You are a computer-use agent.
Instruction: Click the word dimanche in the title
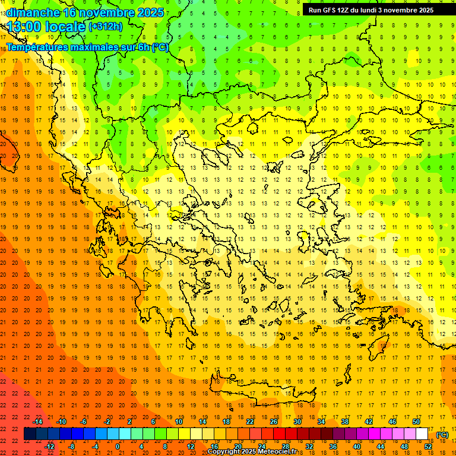click(x=33, y=12)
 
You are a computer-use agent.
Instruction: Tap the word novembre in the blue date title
click(x=111, y=12)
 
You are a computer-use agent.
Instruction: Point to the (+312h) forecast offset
click(x=106, y=26)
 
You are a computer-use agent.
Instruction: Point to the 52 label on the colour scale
click(x=428, y=446)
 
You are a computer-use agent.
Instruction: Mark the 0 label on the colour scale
click(x=118, y=446)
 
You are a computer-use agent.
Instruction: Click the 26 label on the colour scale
click(x=274, y=422)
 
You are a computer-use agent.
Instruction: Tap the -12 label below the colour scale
click(x=49, y=446)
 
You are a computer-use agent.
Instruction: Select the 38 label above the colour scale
click(x=344, y=422)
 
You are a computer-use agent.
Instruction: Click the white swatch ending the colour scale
click(x=422, y=434)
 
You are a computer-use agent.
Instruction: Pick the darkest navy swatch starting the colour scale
click(x=30, y=434)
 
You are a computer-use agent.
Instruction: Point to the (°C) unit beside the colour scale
click(x=442, y=435)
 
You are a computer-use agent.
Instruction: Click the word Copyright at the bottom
click(x=224, y=452)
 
